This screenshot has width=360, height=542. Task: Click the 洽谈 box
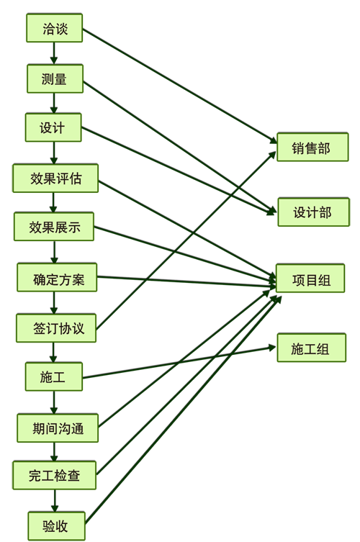tap(54, 28)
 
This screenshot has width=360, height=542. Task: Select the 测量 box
tap(55, 78)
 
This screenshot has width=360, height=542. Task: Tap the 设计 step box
tap(53, 127)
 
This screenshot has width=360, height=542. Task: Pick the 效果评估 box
tap(55, 179)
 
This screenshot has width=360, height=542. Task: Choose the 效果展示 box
tap(53, 227)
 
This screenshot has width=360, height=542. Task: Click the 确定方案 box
tap(57, 277)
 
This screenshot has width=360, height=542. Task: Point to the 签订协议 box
tap(56, 328)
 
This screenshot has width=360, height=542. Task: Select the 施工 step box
tap(53, 376)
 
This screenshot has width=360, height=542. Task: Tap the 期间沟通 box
tap(58, 428)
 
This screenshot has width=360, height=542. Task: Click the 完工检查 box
tap(54, 475)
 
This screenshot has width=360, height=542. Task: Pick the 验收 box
tap(56, 526)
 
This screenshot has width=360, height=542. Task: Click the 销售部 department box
tap(312, 147)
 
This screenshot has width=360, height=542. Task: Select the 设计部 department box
tap(314, 212)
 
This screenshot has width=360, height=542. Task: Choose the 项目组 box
tap(310, 279)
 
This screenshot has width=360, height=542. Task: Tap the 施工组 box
tap(311, 348)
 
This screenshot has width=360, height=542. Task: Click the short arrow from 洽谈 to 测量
tap(53, 53)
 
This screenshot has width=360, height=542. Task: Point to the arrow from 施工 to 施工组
tap(179, 362)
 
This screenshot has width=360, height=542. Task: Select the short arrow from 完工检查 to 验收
tap(55, 501)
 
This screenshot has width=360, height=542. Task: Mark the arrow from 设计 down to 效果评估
tap(53, 153)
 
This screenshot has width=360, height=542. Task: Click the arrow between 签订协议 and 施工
tap(53, 353)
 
